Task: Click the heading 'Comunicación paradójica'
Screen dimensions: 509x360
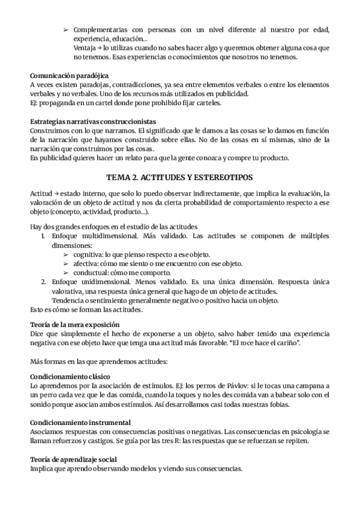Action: click(x=70, y=76)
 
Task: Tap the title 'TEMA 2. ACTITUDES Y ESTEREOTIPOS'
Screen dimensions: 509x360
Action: click(x=179, y=178)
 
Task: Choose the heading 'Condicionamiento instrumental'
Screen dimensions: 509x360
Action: click(x=80, y=422)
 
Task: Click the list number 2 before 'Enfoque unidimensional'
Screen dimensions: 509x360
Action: click(x=44, y=282)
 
